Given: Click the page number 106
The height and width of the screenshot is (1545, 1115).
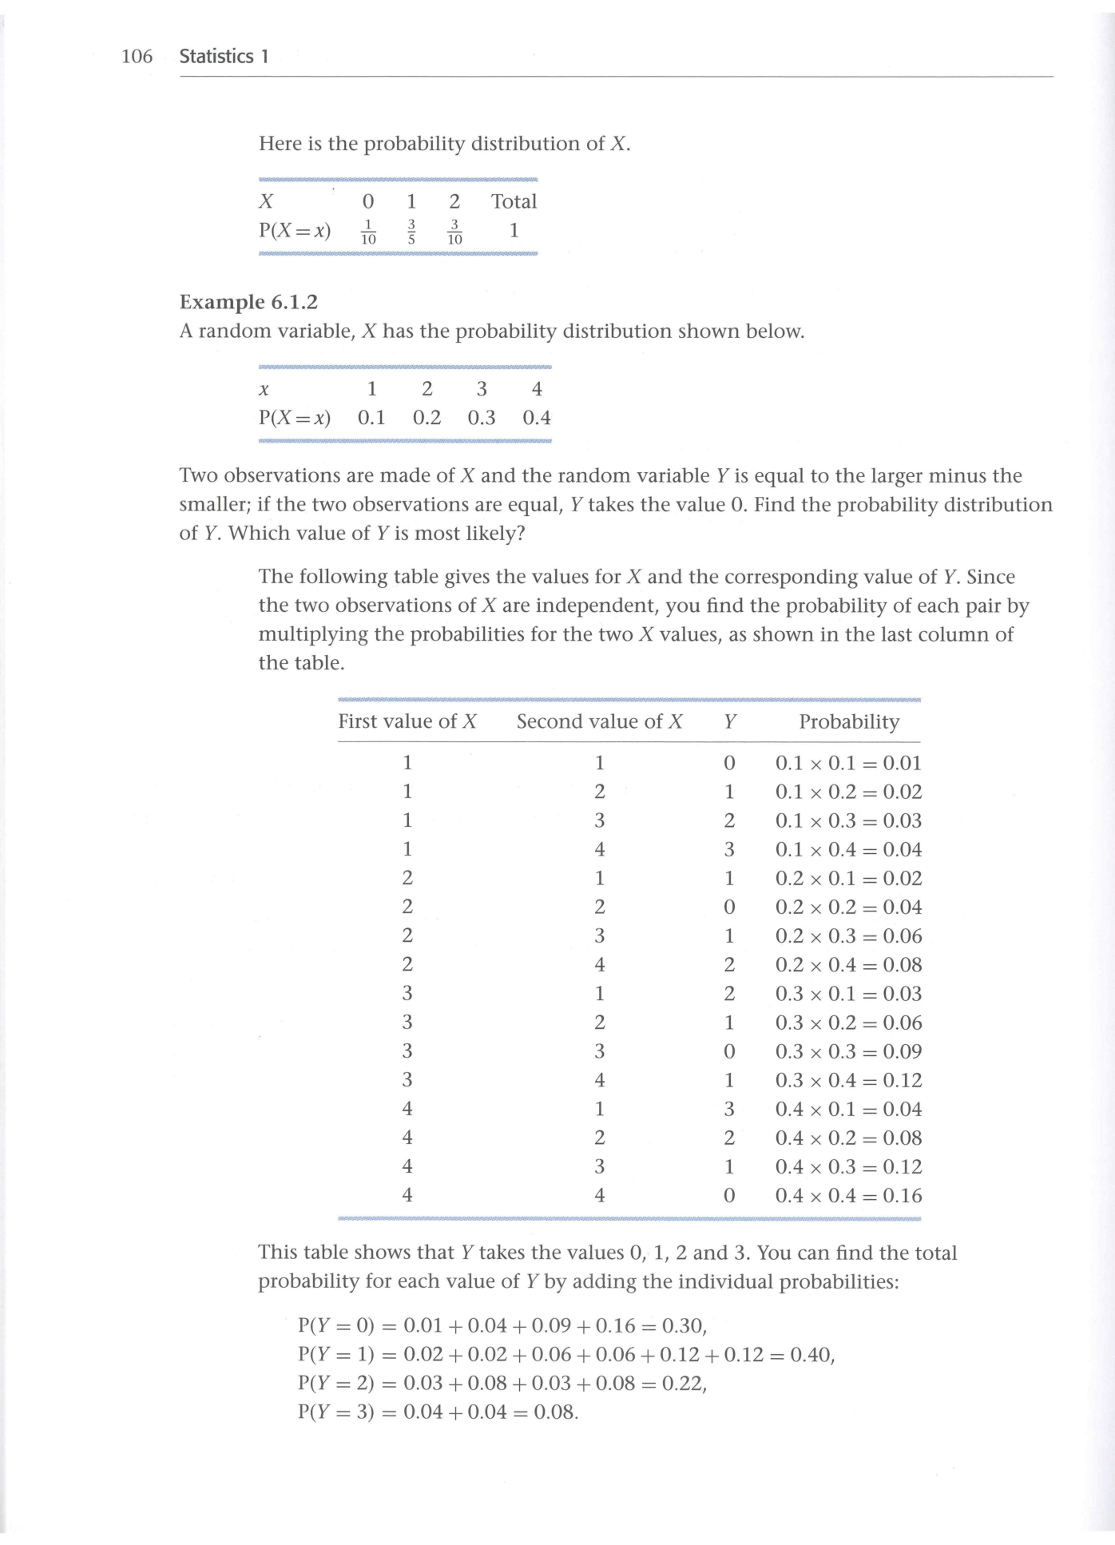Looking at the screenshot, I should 137,57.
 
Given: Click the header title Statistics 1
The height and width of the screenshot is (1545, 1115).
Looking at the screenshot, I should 224,57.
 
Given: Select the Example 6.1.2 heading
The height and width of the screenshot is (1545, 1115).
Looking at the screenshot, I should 248,302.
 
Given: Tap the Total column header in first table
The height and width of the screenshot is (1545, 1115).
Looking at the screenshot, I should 514,201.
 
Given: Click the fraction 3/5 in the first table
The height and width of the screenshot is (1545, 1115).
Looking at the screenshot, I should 411,232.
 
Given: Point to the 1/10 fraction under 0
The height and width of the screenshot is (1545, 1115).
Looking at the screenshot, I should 368,232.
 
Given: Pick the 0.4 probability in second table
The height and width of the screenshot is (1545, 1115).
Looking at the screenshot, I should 537,418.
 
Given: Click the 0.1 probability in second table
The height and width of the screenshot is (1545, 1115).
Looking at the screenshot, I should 371,418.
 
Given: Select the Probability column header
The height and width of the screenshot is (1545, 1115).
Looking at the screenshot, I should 849,722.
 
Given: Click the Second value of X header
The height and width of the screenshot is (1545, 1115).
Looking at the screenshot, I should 599,722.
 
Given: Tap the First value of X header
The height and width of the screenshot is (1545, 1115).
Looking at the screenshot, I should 407,722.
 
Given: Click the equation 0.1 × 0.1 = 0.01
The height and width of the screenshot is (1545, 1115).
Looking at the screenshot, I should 848,764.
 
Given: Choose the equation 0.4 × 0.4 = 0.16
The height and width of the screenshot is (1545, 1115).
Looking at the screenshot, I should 848,1196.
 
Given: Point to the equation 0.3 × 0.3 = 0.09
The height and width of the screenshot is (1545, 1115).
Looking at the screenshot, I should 848,1052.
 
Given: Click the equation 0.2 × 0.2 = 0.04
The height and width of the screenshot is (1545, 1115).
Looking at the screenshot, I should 848,908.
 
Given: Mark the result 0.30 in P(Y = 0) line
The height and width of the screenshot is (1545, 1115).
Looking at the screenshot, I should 683,1326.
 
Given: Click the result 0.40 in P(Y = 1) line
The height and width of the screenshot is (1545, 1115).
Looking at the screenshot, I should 811,1355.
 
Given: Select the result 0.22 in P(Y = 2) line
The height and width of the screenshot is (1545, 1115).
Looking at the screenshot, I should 683,1384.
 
